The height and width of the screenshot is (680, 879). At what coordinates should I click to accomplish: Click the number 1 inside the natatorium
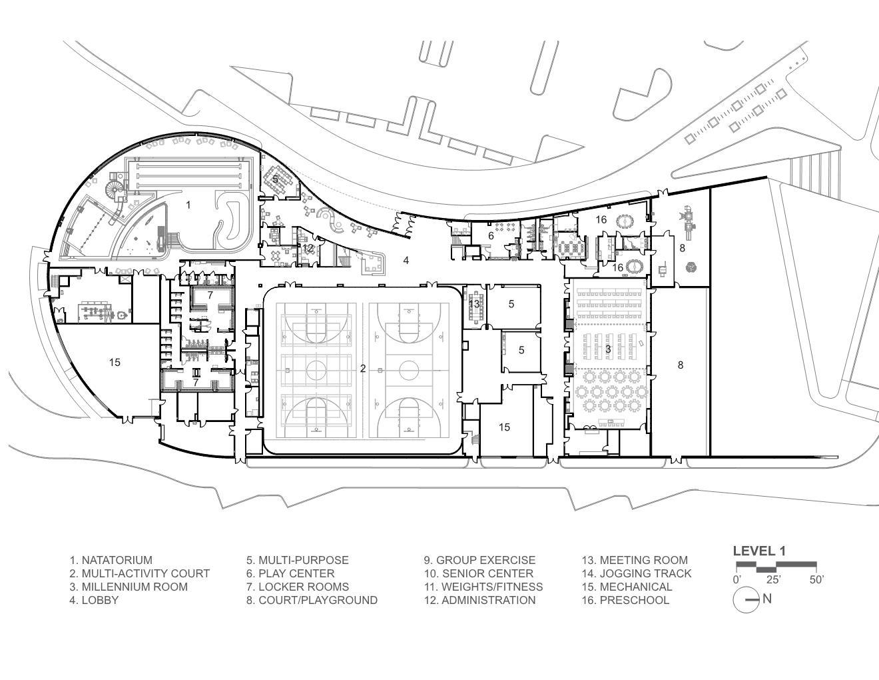pos(188,205)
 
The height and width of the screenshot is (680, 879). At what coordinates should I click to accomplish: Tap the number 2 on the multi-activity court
pos(363,368)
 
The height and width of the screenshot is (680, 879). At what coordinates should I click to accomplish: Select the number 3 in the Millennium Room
pos(608,349)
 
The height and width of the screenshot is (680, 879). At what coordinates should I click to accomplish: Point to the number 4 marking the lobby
pos(406,261)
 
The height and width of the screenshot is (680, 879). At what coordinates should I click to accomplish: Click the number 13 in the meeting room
pos(474,303)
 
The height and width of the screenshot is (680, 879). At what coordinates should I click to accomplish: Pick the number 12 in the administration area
pos(308,248)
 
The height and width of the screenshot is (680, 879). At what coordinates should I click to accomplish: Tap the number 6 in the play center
pos(491,236)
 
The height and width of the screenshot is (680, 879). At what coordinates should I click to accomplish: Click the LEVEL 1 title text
pos(760,551)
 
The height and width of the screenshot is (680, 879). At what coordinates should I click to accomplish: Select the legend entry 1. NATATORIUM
pos(111,560)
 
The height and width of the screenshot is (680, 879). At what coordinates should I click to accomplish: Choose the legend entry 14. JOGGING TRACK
pos(637,573)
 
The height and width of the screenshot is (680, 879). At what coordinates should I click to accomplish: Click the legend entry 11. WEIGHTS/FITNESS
pos(483,587)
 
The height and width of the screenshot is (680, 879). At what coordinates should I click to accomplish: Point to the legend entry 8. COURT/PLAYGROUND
pos(312,600)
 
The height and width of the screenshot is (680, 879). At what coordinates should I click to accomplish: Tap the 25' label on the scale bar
pos(773,580)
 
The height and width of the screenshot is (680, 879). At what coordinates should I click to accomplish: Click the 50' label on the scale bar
pos(816,580)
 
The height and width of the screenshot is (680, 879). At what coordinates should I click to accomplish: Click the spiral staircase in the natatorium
pos(115,187)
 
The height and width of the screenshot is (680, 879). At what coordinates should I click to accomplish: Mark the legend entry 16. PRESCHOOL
pos(625,600)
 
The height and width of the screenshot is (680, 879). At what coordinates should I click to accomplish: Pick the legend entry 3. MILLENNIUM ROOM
pos(129,587)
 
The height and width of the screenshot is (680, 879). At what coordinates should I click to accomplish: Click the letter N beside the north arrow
pos(767,599)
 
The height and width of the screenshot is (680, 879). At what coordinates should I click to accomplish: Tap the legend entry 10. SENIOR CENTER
pos(479,573)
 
